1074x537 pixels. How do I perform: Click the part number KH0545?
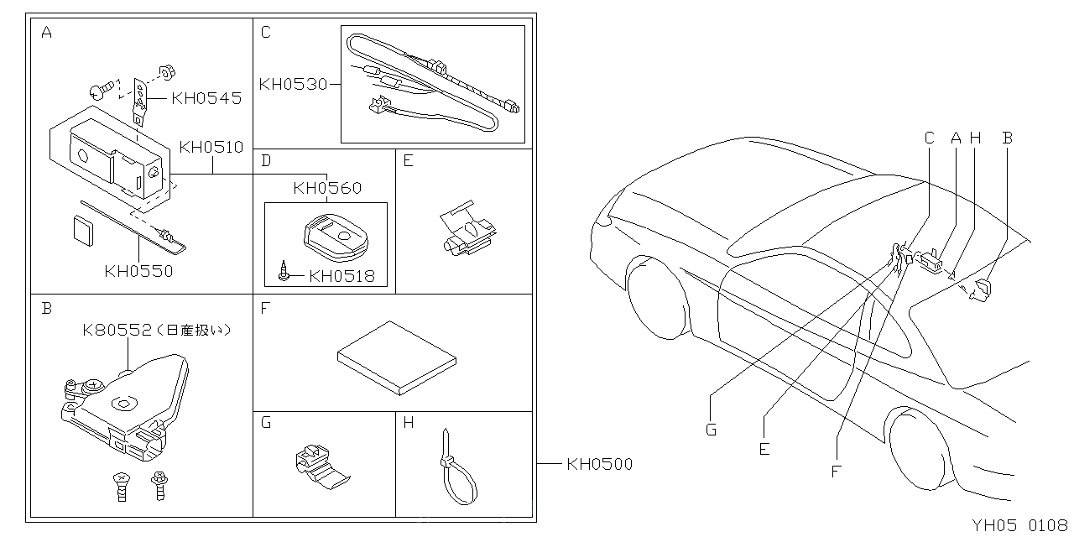206,99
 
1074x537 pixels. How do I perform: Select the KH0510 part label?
211,148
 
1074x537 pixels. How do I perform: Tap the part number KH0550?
138,271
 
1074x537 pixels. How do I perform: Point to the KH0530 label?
292,84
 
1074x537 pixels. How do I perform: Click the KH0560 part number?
327,188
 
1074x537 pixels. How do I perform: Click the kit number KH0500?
599,463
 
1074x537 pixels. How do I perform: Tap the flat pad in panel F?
398,357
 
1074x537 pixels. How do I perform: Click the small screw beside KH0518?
287,274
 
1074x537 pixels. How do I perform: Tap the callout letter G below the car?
711,430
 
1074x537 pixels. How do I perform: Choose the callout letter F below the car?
836,471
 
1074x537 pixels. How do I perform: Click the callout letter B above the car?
1008,138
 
